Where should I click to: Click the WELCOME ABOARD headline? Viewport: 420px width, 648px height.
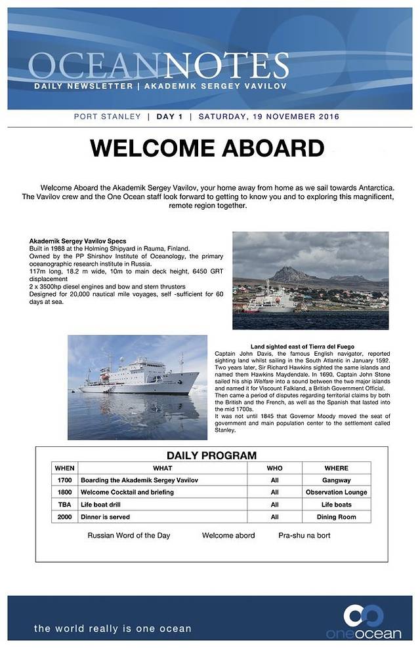[207, 148]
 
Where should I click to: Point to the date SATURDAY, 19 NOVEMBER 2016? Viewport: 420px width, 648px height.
[268, 117]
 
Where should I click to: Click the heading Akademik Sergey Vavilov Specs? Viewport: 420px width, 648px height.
[78, 241]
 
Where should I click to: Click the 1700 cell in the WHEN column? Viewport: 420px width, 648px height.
[64, 480]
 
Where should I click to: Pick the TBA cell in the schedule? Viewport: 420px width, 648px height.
[64, 505]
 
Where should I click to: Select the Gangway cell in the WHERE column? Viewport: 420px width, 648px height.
[336, 480]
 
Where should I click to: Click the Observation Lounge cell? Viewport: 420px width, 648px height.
[336, 492]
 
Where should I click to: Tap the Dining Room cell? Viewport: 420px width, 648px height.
[336, 517]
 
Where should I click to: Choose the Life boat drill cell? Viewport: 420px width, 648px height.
[110, 505]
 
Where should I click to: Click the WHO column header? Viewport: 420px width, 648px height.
[274, 468]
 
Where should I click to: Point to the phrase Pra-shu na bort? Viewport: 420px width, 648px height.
[304, 535]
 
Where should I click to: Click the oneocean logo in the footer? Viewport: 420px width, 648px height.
[364, 621]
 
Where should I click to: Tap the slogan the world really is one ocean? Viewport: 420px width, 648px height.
[113, 628]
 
